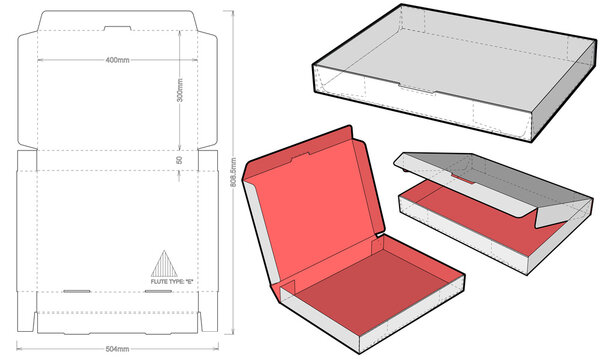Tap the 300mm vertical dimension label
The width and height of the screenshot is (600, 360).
pos(180,92)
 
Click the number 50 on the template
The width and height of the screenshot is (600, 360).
pos(180,160)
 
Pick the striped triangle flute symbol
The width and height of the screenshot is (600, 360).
pos(162,264)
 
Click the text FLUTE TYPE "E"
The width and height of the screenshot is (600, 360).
pos(168,284)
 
